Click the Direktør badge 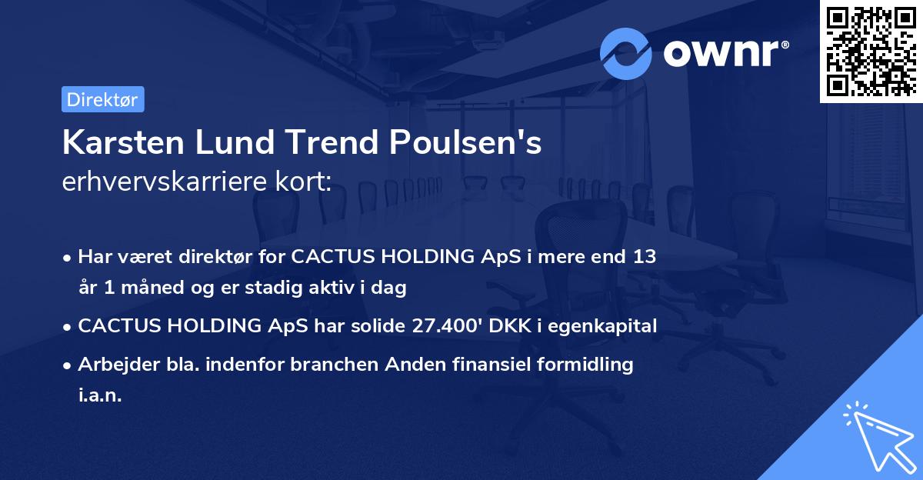pos(102,99)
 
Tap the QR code pos(871,51)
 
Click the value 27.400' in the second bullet pos(444,326)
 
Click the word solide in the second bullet pos(373,326)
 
